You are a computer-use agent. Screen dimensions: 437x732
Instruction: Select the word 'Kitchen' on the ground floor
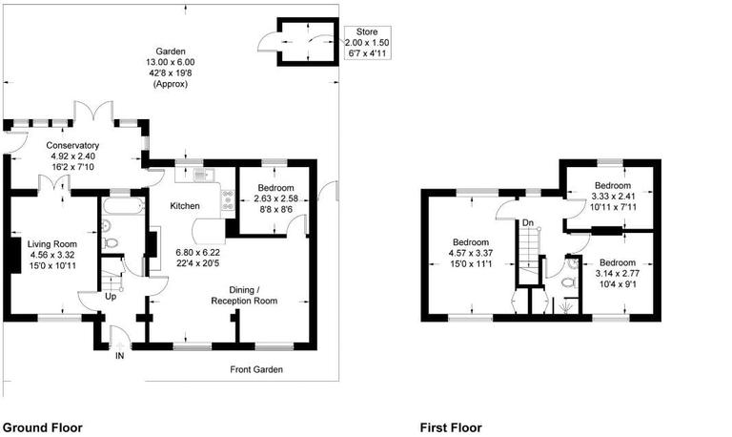[x=185, y=206]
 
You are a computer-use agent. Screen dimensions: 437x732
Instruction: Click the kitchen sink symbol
[x=200, y=174]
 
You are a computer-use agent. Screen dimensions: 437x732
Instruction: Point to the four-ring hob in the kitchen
[x=228, y=200]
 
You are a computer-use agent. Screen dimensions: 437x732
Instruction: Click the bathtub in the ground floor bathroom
[x=122, y=205]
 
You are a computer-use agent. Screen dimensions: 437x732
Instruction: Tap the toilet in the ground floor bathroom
[x=112, y=244]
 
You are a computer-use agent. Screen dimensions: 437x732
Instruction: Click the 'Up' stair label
[x=112, y=297]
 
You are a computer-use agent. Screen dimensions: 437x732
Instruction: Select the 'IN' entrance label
[x=119, y=356]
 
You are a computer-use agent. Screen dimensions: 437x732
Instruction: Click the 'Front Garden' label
[x=256, y=369]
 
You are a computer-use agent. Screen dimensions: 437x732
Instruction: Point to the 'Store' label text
[x=366, y=32]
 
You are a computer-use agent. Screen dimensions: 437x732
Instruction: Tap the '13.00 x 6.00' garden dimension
[x=173, y=62]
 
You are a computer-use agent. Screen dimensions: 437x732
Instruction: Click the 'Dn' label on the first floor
[x=526, y=223]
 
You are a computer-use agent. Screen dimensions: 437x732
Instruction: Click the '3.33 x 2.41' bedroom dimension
[x=613, y=197]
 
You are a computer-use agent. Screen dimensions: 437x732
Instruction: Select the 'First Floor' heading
[x=451, y=428]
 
